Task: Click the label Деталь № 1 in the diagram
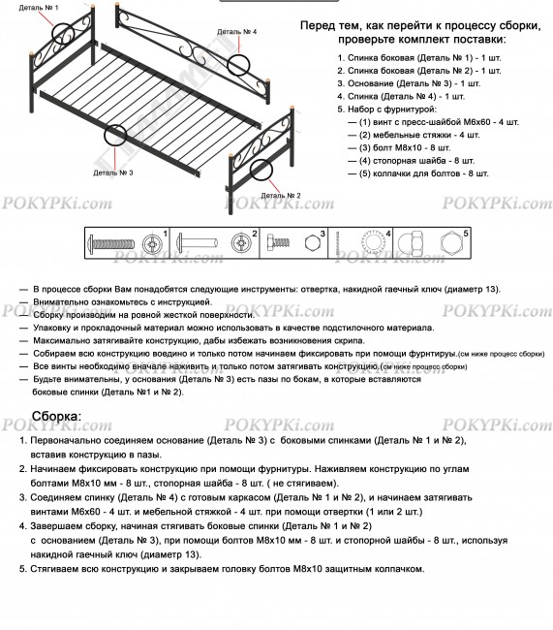38,8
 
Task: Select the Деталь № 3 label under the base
112,173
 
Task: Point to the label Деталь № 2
281,194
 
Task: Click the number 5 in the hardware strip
466,234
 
